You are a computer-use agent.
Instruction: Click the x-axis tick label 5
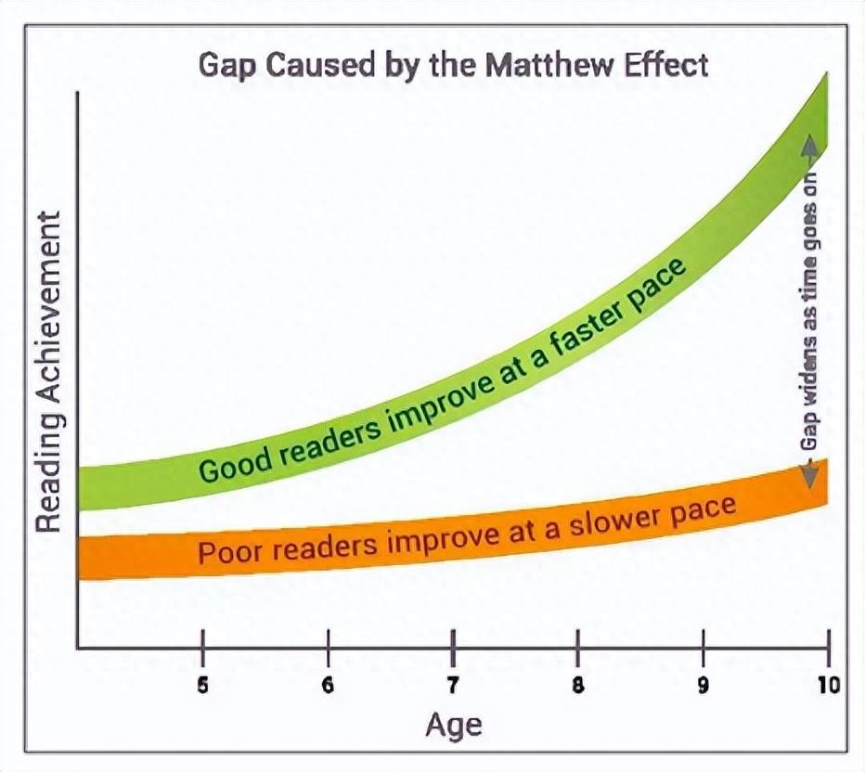(x=203, y=686)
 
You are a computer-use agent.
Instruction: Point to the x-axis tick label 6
(x=329, y=686)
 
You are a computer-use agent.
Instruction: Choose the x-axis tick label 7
(x=453, y=686)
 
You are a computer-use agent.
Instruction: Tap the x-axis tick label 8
(x=578, y=686)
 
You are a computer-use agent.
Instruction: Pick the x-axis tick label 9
(x=703, y=686)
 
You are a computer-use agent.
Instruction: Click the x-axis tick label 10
(x=829, y=686)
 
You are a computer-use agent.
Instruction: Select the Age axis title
(x=454, y=727)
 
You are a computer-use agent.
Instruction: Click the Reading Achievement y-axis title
(x=47, y=372)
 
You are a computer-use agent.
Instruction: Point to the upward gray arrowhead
(x=809, y=145)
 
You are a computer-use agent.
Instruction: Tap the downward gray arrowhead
(x=809, y=476)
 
